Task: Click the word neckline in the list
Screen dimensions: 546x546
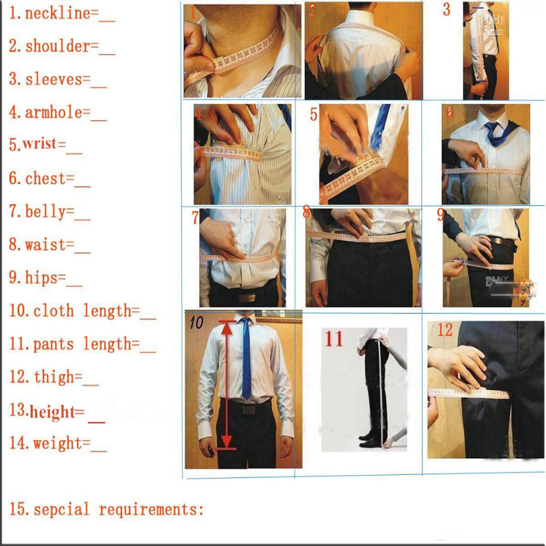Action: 58,13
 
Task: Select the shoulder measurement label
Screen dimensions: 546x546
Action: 58,46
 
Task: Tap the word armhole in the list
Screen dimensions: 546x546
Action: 54,112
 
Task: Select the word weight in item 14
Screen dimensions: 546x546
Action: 58,443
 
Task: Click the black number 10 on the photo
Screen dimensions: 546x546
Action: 196,322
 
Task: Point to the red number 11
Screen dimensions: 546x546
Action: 334,339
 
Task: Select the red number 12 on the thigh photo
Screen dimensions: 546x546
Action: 444,330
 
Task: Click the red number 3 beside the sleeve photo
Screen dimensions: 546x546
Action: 446,9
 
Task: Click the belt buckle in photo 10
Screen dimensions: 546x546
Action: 248,409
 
